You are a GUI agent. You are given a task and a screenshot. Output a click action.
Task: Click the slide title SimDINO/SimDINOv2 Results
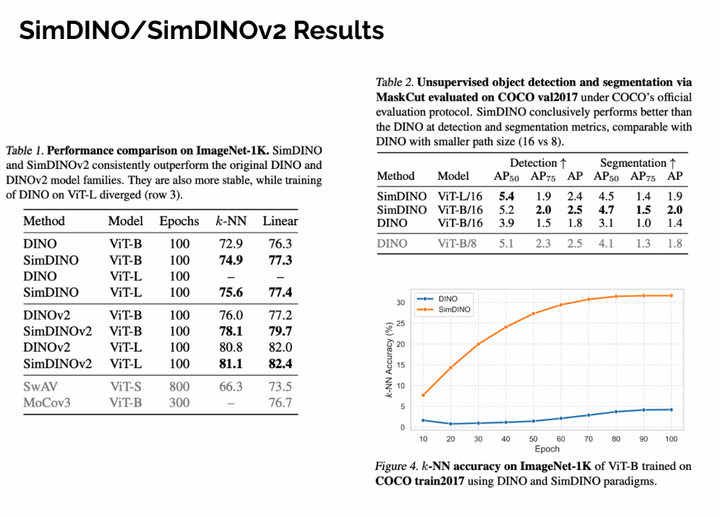pos(201,30)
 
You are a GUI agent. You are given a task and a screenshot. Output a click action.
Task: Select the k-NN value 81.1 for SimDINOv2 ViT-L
pos(231,363)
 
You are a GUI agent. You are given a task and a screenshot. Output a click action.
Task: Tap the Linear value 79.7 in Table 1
pos(280,331)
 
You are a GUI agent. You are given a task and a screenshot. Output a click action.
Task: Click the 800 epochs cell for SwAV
pos(179,386)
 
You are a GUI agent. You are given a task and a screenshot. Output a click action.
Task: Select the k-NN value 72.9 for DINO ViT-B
pos(231,244)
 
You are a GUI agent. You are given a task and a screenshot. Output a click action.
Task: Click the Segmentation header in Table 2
pos(637,162)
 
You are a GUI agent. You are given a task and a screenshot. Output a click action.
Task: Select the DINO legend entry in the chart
pos(447,298)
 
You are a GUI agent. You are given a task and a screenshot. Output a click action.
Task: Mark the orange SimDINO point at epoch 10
pos(422,395)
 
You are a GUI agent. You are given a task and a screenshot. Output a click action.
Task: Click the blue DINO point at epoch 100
pos(672,409)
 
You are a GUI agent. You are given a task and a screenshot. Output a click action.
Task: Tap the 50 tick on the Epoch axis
pos(533,439)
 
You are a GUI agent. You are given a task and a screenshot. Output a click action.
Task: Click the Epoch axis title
pos(547,448)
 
